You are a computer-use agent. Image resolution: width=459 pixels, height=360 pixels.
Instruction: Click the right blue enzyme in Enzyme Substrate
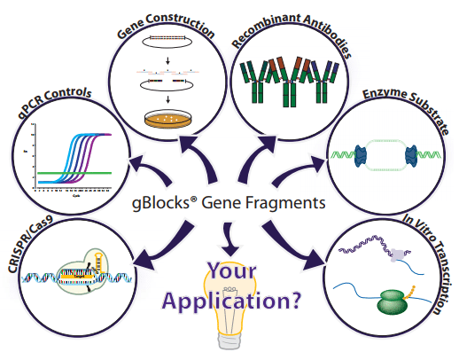413,158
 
